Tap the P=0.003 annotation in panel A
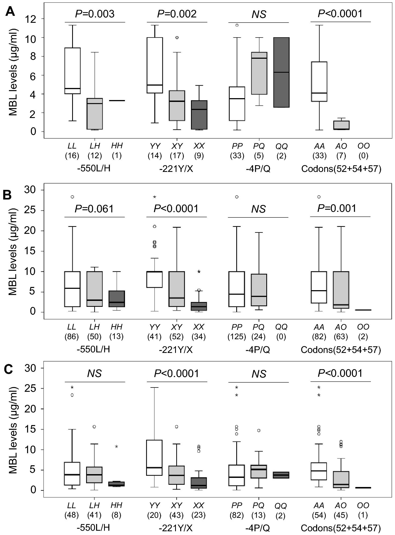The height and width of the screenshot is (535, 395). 95,14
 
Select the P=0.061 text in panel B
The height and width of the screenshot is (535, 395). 94,209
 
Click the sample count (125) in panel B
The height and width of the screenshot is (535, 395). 237,337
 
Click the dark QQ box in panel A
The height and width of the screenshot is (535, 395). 281,72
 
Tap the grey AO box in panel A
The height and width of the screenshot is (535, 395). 341,125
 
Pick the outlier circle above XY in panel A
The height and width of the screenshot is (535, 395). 177,38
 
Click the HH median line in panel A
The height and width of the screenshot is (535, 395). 117,101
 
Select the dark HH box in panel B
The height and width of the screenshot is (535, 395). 117,299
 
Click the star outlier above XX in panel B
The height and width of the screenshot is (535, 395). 199,272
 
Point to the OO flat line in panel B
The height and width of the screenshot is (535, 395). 363,310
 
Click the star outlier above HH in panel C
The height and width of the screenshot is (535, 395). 117,447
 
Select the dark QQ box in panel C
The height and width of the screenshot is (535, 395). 281,475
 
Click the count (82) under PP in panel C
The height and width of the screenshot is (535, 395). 237,515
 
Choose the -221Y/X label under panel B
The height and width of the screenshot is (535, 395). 176,350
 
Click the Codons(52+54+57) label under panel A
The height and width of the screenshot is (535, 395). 341,169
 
